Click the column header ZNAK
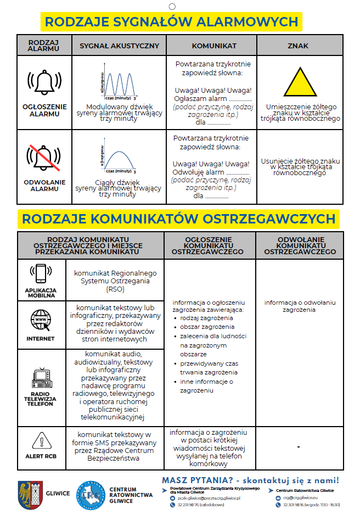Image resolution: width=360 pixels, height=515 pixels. click(x=298, y=46)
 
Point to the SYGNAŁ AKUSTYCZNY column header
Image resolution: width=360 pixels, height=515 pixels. click(x=119, y=46)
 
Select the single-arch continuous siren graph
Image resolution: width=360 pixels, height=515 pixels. click(x=118, y=158)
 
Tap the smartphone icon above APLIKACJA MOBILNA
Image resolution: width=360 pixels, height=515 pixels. click(x=41, y=273)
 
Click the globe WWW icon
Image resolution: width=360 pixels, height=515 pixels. click(x=41, y=320)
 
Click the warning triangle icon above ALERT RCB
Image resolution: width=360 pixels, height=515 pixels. click(x=41, y=440)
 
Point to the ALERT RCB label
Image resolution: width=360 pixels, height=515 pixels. click(x=41, y=456)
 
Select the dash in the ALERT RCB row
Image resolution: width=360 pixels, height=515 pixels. click(x=299, y=447)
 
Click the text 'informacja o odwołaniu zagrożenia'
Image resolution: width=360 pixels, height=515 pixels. click(x=300, y=306)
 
